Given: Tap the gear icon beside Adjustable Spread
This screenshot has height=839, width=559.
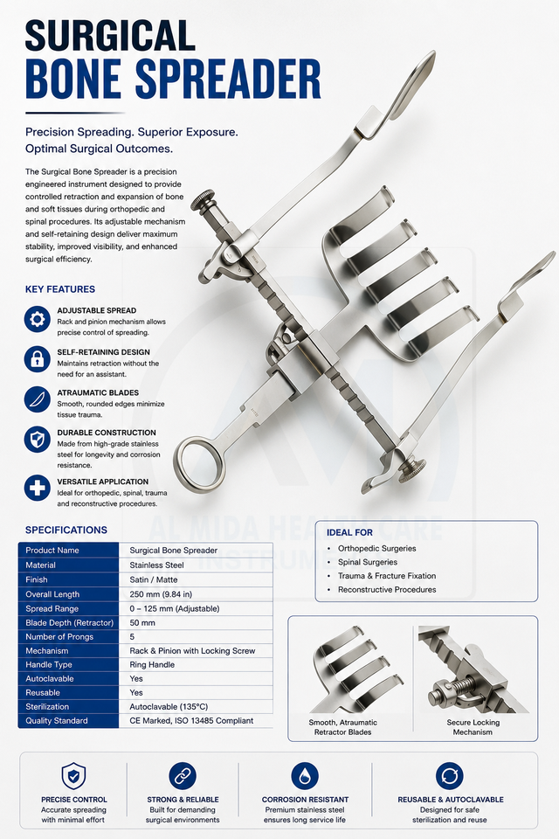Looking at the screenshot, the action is point(37,320).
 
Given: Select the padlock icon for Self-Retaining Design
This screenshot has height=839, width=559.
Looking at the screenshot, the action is point(37,359).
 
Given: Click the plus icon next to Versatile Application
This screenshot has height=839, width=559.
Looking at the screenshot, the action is point(37,488).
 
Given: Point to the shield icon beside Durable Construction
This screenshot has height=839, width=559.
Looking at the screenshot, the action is point(37,440).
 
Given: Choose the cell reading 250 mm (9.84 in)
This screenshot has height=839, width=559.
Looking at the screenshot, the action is point(161,594).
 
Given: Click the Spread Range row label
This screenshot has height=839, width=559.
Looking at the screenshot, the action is point(52,608).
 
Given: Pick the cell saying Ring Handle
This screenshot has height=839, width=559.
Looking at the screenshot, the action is point(152,664).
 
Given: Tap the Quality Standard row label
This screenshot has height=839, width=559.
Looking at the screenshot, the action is point(57,721).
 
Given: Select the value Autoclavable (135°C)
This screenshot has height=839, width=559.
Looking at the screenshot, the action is point(169,707).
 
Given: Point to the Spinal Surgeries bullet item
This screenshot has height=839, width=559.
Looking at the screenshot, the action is point(368,562).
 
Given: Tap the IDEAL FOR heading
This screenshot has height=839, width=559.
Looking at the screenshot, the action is point(350,532).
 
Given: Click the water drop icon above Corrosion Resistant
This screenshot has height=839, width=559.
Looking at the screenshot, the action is point(305,776).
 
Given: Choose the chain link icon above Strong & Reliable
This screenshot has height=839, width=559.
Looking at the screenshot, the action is point(183,776).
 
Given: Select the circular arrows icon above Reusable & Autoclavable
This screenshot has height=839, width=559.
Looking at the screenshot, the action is point(449,776).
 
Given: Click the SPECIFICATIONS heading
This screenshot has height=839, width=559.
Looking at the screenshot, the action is point(66,530).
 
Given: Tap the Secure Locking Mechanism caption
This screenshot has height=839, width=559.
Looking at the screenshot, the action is point(473,727).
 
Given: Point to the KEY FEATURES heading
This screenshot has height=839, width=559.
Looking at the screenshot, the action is point(60,289).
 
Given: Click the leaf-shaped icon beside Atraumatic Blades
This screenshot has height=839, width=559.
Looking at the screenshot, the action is point(37,399).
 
